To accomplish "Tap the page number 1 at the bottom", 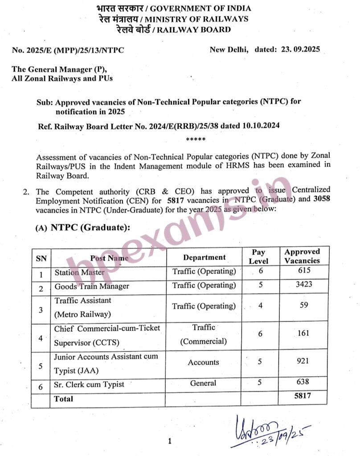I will coord(170,441).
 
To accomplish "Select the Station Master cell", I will coord(80,272).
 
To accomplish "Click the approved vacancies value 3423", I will coord(302,285).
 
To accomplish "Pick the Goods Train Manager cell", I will coord(92,286).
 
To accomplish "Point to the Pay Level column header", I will coord(258,256).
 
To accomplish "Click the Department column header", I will coord(204,257).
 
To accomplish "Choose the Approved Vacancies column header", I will coord(302,256).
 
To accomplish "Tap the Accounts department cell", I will coord(203,362).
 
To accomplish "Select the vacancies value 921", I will coord(302,361).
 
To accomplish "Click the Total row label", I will coord(63,399).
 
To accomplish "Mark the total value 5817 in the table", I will coord(302,395).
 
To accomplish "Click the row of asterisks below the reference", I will coord(196,140).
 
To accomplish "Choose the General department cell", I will coord(203,383).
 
